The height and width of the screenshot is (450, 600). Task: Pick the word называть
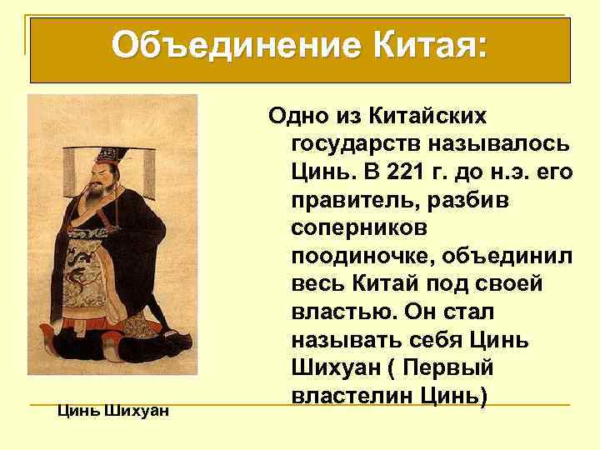click(349, 339)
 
